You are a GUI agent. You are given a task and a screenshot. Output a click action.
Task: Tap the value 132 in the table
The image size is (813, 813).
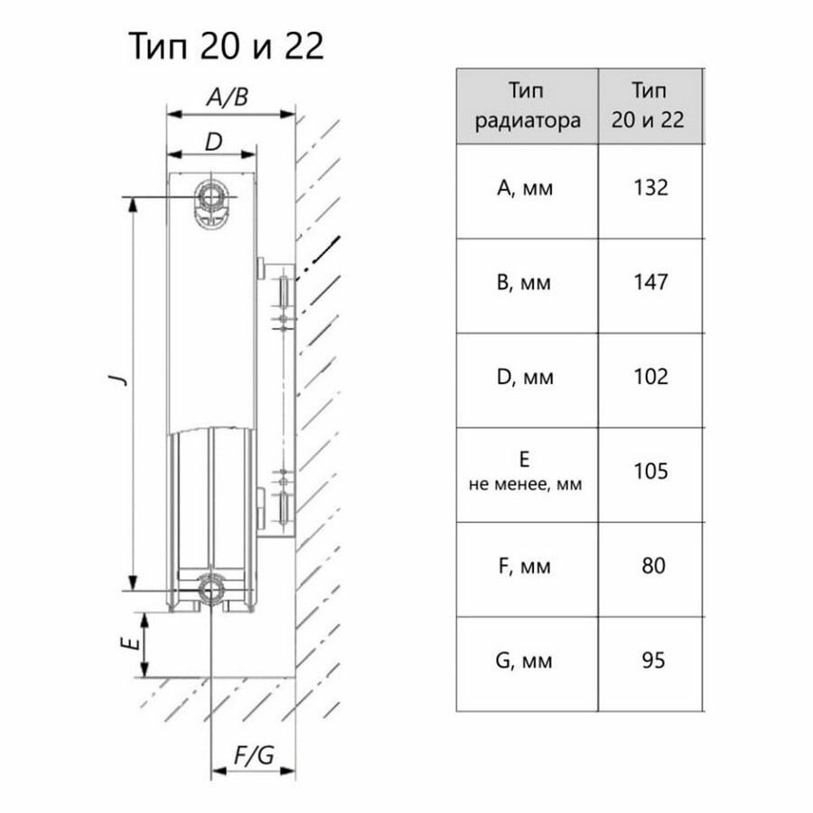[650, 188]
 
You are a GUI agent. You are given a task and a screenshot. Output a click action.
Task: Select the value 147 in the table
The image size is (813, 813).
[650, 283]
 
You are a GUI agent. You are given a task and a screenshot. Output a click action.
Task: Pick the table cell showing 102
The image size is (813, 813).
[650, 377]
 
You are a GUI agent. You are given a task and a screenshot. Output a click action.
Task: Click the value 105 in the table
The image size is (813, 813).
[650, 472]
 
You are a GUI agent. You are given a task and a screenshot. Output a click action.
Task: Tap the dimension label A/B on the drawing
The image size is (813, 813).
[227, 98]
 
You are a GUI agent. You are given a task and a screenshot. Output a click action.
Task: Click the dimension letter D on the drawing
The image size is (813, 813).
[213, 141]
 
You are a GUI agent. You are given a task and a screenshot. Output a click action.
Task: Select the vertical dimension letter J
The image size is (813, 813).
[117, 380]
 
